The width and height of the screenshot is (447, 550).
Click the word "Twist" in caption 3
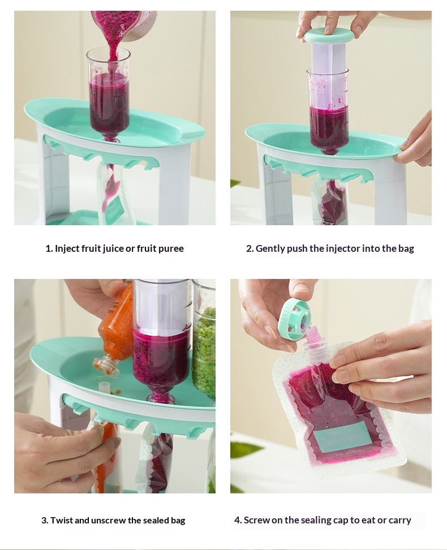62,520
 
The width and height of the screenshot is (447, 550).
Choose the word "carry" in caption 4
399,521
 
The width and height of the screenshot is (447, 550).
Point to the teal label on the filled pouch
338,435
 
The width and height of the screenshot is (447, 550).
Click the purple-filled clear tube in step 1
109,94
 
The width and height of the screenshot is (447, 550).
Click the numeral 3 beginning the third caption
44,520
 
